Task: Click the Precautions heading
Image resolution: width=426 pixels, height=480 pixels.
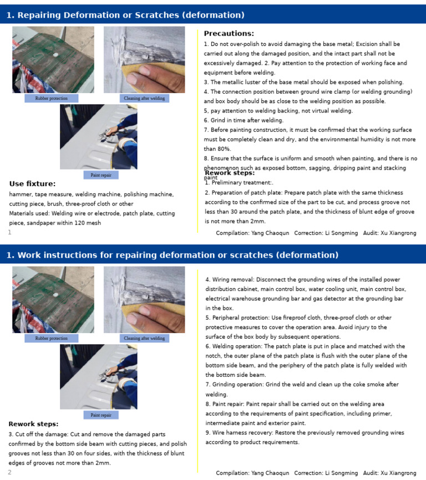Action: [x=229, y=34]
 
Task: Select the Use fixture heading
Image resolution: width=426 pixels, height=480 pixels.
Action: [x=32, y=183]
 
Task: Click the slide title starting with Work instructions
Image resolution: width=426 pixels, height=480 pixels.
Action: [x=172, y=255]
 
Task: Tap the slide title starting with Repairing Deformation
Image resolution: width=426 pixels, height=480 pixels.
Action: [x=125, y=15]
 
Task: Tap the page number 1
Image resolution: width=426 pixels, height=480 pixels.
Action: [x=9, y=232]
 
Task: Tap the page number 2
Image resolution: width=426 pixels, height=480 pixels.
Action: [x=9, y=472]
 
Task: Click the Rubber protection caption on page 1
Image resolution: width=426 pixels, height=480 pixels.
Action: [x=51, y=98]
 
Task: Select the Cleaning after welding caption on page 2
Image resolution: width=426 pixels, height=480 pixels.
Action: [x=144, y=338]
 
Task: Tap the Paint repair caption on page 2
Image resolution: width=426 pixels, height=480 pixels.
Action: [x=101, y=415]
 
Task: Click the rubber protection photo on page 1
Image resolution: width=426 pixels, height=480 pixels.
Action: [x=53, y=60]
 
